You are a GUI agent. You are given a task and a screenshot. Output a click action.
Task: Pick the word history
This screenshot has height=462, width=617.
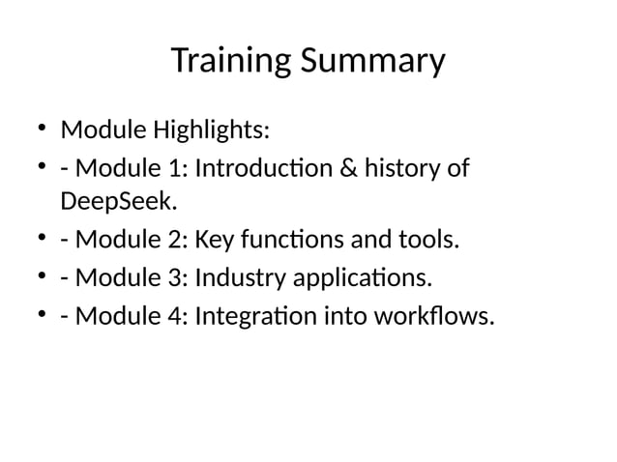click(405, 168)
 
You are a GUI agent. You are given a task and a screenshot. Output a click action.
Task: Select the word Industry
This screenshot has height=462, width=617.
click(240, 278)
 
